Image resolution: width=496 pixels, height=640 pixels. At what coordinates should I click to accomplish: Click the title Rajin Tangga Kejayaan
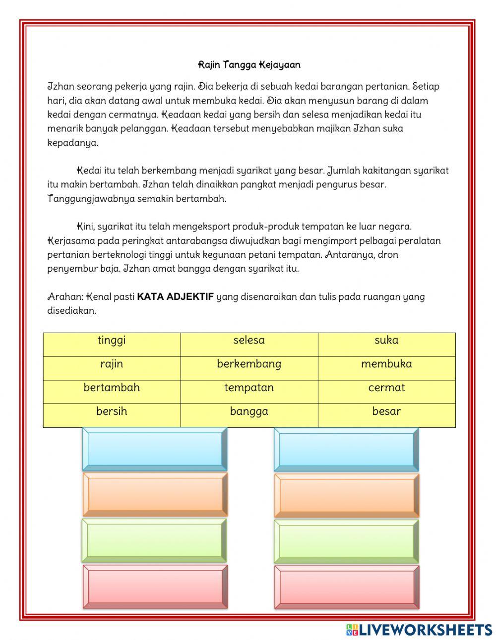pyautogui.click(x=249, y=65)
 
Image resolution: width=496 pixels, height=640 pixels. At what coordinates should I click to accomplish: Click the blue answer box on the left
pyautogui.click(x=155, y=449)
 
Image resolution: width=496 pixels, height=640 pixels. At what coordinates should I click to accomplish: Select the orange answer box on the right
pyautogui.click(x=346, y=495)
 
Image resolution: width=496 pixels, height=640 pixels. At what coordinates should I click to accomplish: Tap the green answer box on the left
pyautogui.click(x=155, y=540)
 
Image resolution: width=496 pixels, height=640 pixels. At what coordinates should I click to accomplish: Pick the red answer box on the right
pyautogui.click(x=346, y=587)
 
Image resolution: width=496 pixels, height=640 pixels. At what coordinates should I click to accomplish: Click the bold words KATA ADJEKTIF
pyautogui.click(x=175, y=297)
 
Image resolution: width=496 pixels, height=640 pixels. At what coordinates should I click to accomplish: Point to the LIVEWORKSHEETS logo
pyautogui.click(x=419, y=630)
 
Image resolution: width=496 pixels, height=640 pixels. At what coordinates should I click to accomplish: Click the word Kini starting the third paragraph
pyautogui.click(x=85, y=227)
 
